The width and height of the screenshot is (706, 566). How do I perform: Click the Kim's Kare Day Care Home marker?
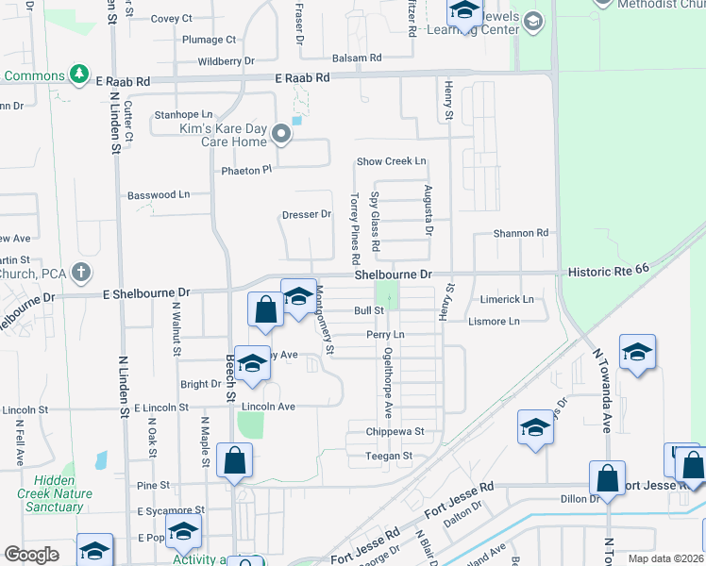click(281, 135)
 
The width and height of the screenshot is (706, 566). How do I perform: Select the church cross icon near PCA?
click(81, 274)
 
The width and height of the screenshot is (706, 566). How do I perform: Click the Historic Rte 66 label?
click(609, 271)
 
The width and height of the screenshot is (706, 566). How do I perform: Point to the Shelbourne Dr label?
click(393, 275)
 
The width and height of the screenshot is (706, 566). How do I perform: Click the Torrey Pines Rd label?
click(356, 229)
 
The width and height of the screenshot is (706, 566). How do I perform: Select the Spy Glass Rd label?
click(376, 223)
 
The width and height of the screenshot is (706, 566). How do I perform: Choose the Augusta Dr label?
click(429, 210)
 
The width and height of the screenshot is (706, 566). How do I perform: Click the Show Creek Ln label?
click(391, 161)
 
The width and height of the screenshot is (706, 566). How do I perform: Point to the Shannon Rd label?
click(521, 233)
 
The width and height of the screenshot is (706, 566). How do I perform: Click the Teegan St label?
click(390, 456)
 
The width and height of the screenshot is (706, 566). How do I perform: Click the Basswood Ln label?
click(159, 195)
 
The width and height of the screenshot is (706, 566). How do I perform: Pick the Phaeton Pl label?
click(246, 170)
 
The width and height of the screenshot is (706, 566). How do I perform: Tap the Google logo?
click(32, 555)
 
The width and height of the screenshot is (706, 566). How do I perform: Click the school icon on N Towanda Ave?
click(637, 355)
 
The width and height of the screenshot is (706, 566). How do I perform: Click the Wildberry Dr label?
click(227, 61)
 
